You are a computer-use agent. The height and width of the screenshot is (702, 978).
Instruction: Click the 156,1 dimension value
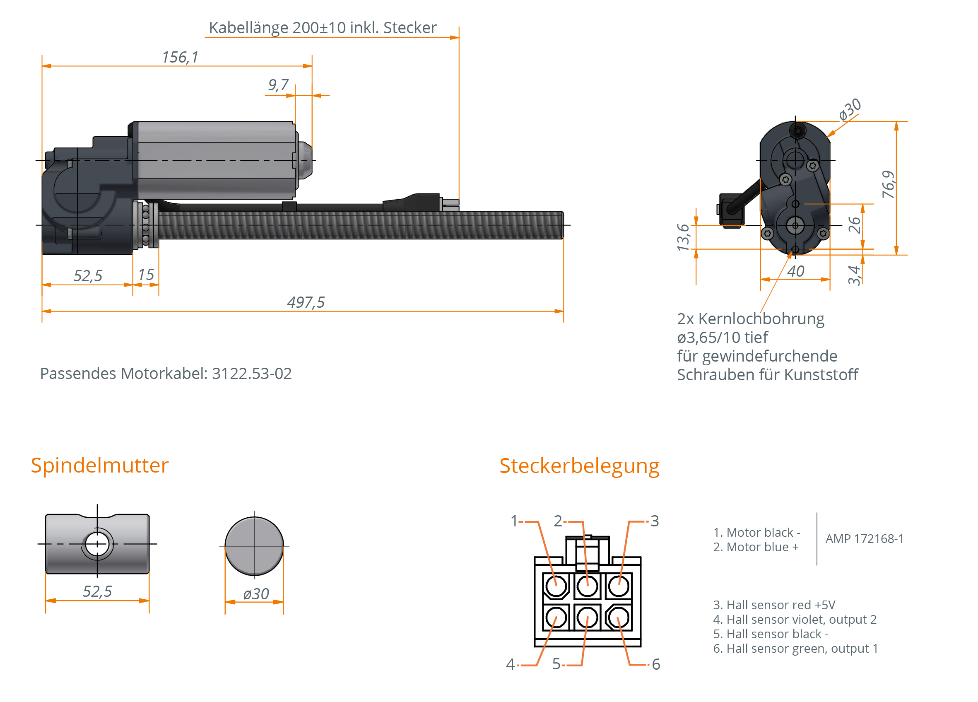(x=180, y=57)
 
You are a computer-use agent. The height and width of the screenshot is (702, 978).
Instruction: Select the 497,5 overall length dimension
(x=305, y=303)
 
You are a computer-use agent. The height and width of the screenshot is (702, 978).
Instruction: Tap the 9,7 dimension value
(x=278, y=85)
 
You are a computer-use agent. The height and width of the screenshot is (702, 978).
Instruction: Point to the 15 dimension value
(x=146, y=275)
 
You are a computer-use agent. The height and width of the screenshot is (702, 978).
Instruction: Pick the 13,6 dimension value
(x=683, y=237)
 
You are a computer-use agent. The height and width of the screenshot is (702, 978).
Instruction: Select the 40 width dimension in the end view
(x=795, y=271)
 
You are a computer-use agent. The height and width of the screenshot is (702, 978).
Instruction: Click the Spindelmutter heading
(x=100, y=465)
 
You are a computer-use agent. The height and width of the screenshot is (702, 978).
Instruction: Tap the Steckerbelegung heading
(x=579, y=466)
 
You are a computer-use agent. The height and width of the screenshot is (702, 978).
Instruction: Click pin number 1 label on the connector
(x=513, y=521)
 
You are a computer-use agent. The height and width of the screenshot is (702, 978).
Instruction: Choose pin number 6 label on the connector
(x=656, y=664)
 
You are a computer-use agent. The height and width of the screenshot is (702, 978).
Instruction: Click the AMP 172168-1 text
(x=864, y=538)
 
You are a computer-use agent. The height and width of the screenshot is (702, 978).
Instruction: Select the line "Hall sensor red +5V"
(x=774, y=605)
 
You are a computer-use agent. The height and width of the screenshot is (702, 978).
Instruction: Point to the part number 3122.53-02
(x=252, y=374)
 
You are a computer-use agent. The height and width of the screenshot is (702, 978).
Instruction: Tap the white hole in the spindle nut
(x=97, y=544)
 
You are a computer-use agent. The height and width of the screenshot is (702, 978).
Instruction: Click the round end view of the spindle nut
(x=254, y=546)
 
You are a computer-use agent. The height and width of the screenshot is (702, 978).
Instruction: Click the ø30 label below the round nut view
(x=256, y=594)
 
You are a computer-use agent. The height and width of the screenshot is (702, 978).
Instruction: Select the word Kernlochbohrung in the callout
(x=761, y=318)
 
